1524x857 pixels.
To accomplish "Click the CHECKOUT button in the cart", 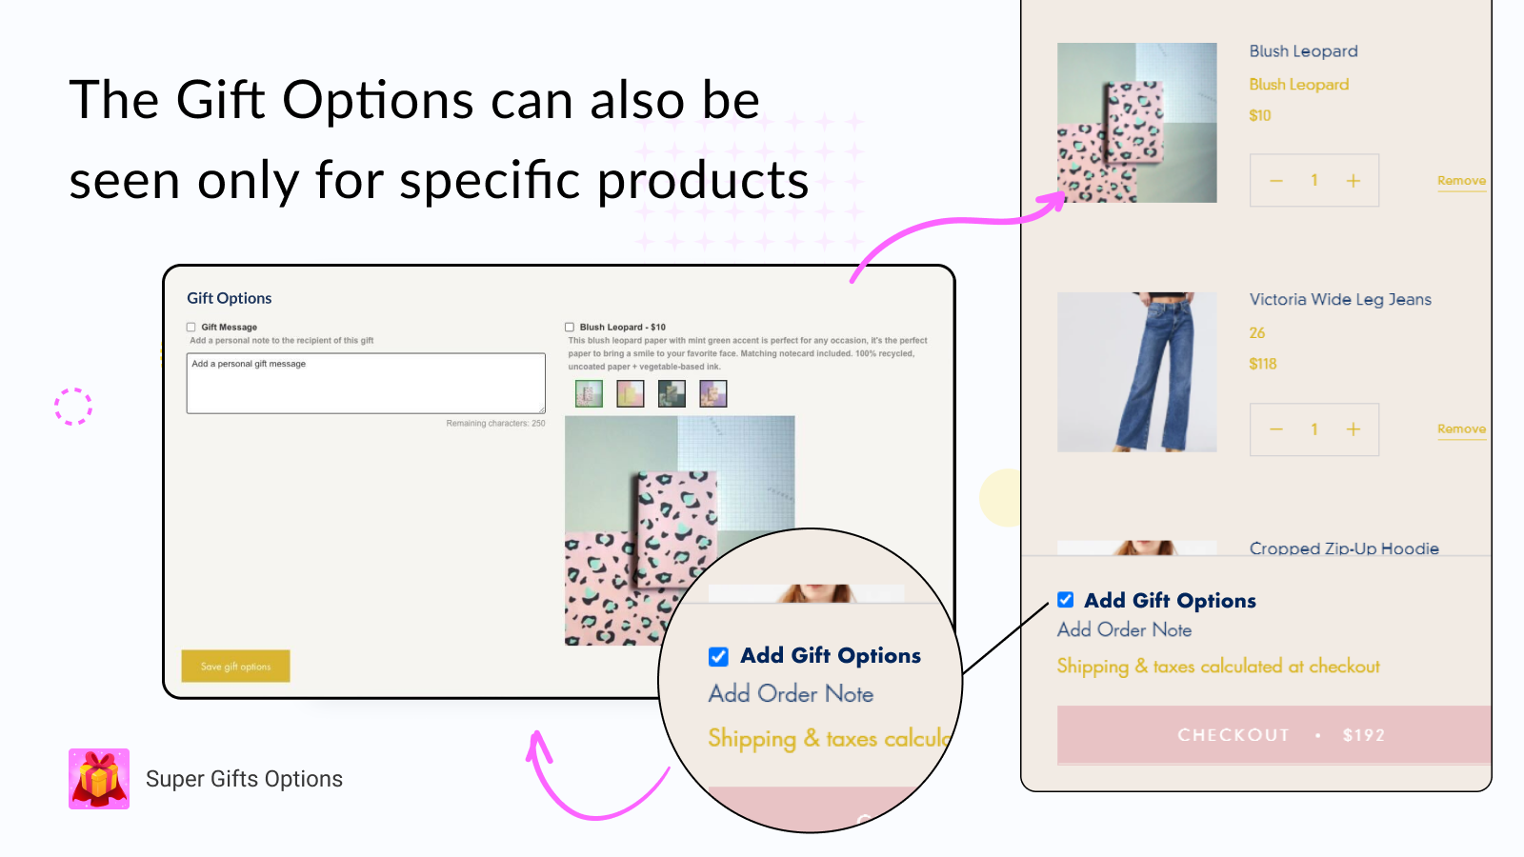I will [1273, 734].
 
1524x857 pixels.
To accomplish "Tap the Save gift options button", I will [235, 667].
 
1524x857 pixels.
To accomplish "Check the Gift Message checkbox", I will [191, 327].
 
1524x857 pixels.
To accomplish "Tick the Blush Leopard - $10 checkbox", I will [570, 327].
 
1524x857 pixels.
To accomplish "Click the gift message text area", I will [366, 384].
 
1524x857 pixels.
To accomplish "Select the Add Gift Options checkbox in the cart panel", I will [1066, 600].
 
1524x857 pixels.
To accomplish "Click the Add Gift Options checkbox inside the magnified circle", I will [718, 656].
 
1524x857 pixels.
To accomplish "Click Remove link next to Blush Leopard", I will [1461, 181].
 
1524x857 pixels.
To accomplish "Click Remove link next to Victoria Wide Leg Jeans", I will [1461, 429].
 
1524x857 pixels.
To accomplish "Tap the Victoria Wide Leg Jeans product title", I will [1340, 300].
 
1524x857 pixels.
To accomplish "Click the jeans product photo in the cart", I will [1136, 372].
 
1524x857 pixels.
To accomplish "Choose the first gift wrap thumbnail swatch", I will [589, 393].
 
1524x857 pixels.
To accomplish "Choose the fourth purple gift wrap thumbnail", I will [713, 393].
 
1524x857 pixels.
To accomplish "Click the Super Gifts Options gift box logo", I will [99, 779].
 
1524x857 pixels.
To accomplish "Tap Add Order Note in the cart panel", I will [1124, 629].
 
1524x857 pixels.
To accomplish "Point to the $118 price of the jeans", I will [1263, 364].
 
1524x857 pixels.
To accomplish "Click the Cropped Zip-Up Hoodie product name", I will [1344, 548].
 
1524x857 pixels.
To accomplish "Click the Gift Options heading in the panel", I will [230, 298].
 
